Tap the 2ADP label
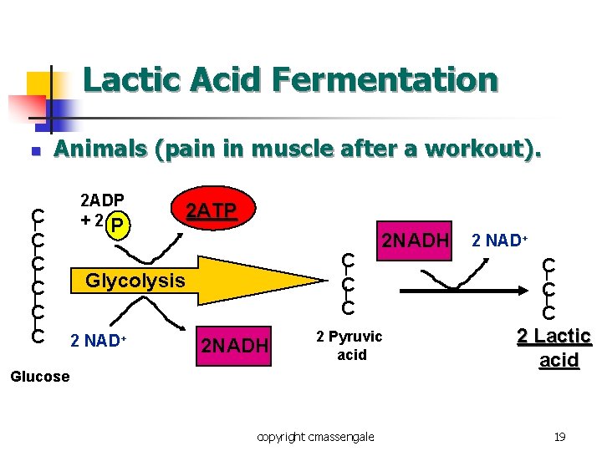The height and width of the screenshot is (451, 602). tap(102, 201)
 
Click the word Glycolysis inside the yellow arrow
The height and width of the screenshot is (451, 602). tap(135, 281)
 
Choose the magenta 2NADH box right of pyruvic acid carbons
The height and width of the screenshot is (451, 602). tap(416, 241)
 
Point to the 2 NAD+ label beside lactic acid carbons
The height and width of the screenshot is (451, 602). tap(498, 241)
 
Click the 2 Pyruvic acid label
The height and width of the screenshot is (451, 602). tap(349, 345)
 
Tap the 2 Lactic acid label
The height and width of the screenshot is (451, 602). tap(554, 347)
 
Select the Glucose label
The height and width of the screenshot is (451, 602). tap(39, 377)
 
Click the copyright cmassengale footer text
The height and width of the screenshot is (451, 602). tap(316, 437)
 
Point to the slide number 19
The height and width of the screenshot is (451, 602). tap(560, 437)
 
